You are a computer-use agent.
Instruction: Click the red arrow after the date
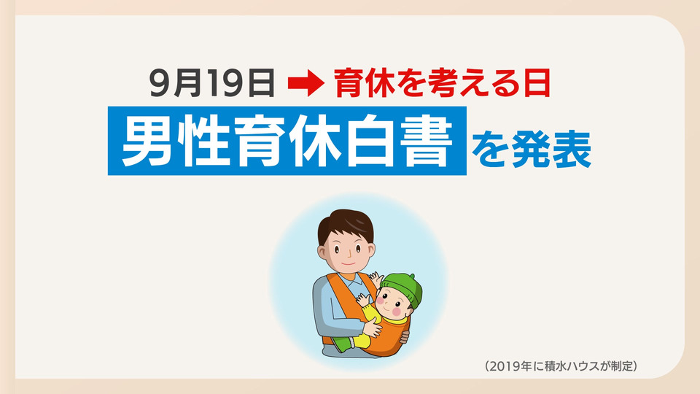pos(306,83)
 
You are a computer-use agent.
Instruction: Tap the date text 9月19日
pos(211,83)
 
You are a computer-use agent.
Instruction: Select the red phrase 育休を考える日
pos(442,83)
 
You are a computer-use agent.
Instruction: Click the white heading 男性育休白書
pos(287,141)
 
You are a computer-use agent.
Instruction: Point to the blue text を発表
pos(532,149)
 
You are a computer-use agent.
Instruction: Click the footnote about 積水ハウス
pos(561,366)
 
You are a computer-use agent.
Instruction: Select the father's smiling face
pos(346,251)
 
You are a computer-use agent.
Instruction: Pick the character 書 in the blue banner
pos(427,141)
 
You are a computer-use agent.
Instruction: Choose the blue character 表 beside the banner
pos(572,149)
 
